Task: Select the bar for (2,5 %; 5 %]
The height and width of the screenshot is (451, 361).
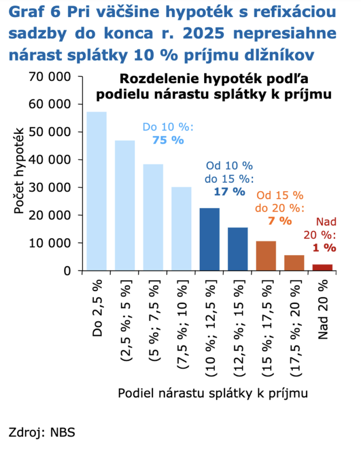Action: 125,205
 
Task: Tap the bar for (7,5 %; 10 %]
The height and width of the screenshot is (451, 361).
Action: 181,229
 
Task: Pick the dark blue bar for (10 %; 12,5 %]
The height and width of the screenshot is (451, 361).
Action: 209,239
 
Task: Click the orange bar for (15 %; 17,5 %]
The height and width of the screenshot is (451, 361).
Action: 265,255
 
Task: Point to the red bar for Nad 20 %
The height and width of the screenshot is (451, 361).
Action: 322,267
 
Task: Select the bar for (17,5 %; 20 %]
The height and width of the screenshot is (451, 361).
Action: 294,262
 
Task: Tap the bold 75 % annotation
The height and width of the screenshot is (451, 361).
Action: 168,140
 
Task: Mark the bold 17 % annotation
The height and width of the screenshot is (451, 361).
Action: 228,192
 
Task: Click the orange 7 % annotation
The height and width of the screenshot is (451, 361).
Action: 280,220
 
